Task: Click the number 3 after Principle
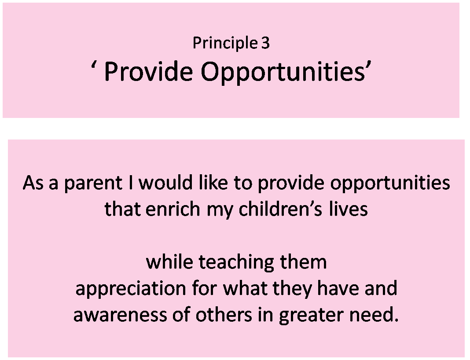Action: [x=265, y=43]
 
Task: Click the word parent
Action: [x=93, y=183]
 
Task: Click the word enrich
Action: [x=173, y=209]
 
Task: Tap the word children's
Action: [x=280, y=209]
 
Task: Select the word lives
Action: [x=348, y=209]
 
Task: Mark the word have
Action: [x=338, y=288]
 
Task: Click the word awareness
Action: [x=120, y=315]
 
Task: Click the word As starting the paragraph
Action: [x=33, y=182]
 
